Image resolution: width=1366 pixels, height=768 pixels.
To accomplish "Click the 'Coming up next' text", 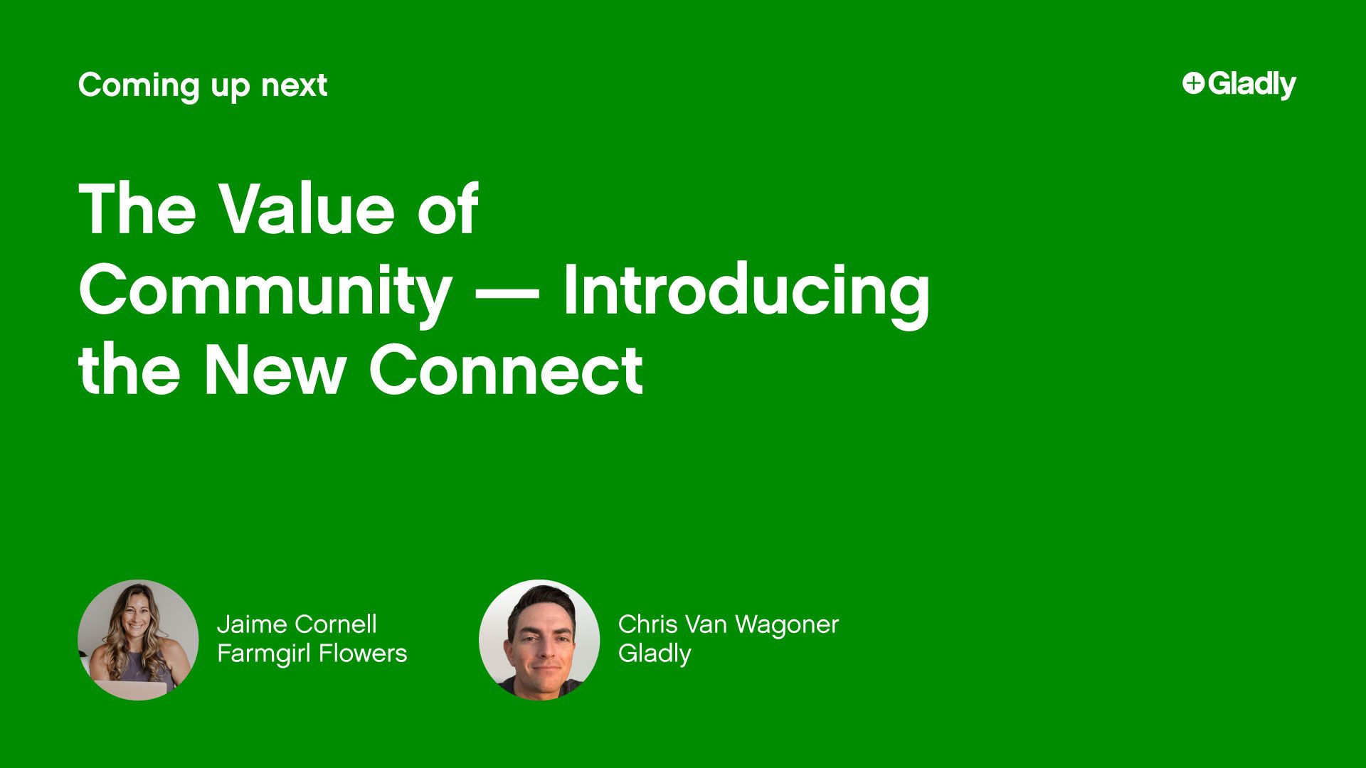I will [203, 85].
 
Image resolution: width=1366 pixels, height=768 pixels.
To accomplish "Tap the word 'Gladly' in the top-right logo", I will [1251, 84].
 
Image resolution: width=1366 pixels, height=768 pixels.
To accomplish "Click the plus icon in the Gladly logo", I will [1193, 83].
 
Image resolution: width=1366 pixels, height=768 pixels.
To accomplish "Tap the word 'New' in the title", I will [275, 370].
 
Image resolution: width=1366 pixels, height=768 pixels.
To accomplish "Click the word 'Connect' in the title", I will [506, 370].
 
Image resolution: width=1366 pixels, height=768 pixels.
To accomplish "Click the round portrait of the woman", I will [138, 639].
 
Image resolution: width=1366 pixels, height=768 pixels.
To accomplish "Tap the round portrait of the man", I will [539, 639].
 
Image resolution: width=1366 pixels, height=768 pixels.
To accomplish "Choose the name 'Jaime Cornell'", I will [297, 624].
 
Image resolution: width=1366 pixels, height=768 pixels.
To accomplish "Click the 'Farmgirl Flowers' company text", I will [312, 653].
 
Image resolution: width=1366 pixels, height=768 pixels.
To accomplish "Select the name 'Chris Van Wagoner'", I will [728, 624].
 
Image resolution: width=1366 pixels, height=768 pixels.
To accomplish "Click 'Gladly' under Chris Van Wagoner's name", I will [655, 654].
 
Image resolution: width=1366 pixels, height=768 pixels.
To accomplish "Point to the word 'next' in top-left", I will [294, 85].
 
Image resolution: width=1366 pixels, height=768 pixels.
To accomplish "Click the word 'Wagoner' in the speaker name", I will [787, 624].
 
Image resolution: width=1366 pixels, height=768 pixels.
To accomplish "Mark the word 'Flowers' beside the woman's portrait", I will [363, 653].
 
